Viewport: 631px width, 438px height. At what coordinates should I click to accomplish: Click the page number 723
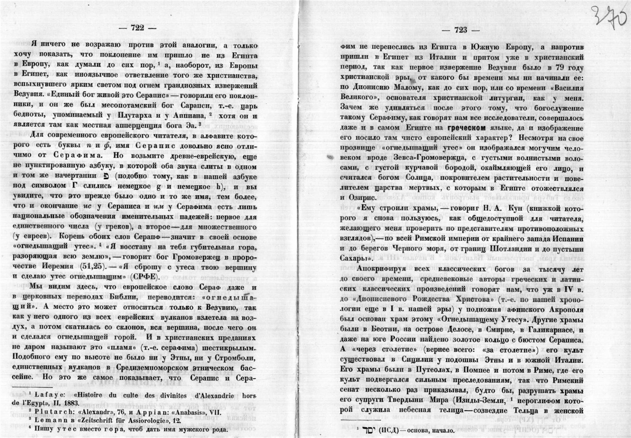click(460, 30)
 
